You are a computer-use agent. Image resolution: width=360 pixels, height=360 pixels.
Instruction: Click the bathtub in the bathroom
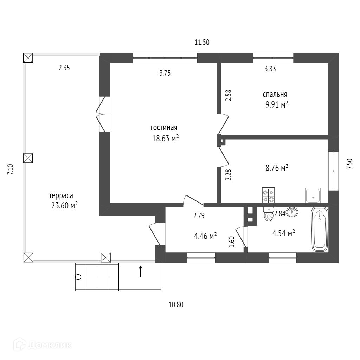320,229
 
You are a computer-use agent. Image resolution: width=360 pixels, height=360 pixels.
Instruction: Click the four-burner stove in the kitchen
269,195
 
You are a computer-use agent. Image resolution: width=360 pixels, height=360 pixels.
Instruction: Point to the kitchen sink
313,195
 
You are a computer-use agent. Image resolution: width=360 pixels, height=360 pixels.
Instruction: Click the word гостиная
164,128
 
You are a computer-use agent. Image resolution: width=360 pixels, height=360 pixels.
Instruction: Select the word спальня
275,95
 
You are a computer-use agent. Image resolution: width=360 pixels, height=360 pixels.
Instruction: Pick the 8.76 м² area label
277,168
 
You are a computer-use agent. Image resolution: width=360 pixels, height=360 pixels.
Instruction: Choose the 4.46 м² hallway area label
205,236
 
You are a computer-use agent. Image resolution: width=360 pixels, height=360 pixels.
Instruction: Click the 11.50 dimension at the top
202,43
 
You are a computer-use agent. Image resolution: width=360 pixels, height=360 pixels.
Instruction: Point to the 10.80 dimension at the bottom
176,305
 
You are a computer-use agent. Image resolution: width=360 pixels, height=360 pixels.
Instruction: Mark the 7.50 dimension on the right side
349,164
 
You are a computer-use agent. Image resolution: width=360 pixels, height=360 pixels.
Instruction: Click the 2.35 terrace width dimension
64,68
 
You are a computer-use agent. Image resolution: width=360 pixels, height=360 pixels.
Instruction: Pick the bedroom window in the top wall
273,58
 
